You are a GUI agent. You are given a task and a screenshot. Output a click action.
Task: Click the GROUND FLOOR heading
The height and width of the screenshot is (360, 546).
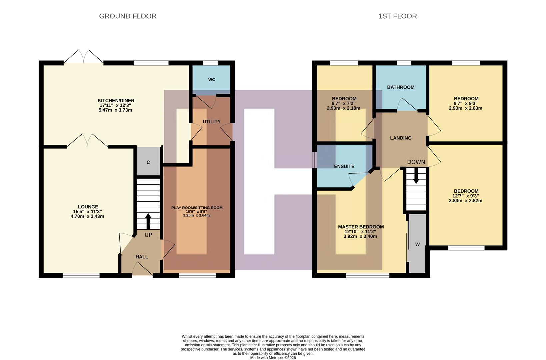(x=128, y=16)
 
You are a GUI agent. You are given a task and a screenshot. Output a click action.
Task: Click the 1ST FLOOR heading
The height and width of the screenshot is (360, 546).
(x=397, y=16)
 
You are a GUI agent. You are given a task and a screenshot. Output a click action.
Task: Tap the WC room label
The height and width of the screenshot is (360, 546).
(x=211, y=79)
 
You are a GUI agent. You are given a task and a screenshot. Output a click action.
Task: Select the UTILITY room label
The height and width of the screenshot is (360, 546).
(x=211, y=122)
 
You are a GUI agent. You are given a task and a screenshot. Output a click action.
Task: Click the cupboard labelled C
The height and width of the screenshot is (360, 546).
(x=148, y=162)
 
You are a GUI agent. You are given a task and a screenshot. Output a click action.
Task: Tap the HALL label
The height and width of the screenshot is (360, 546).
(x=142, y=257)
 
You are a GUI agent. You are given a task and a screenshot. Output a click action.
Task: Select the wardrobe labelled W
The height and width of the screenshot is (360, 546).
(x=417, y=244)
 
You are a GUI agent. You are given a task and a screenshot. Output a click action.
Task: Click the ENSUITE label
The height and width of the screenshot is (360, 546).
(x=344, y=166)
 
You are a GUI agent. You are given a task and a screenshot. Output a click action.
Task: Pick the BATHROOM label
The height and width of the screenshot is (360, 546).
(x=401, y=87)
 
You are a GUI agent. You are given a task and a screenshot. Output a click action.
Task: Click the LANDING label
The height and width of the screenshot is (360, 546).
(x=401, y=138)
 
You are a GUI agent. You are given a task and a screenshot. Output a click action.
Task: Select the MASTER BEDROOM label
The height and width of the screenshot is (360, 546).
(x=361, y=227)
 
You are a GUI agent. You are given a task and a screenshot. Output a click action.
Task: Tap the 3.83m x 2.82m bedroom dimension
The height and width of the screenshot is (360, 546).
(x=465, y=201)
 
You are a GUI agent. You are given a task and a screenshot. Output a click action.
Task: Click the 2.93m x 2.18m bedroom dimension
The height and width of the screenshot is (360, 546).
(x=344, y=108)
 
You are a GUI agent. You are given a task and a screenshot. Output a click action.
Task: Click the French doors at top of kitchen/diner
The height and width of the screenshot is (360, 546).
(x=83, y=57)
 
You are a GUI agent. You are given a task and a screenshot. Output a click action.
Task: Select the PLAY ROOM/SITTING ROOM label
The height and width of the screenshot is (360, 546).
(x=197, y=208)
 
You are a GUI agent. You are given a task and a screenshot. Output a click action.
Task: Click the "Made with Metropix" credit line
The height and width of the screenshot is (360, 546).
(x=273, y=358)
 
